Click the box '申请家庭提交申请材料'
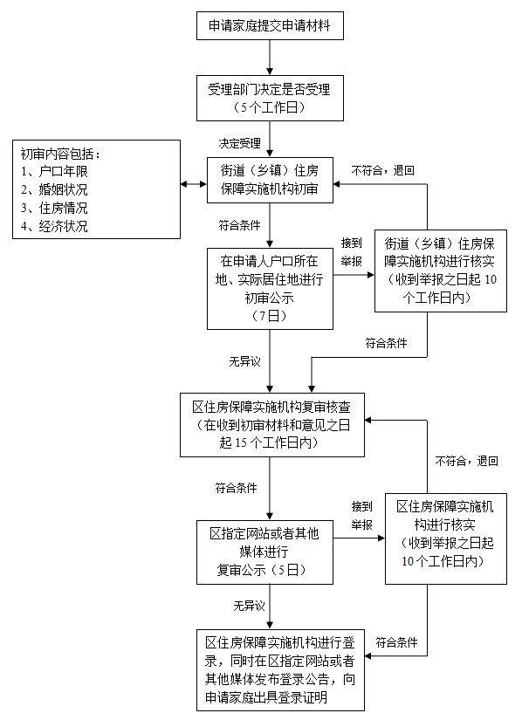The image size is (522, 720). pos(271,26)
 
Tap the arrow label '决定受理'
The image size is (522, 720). pos(240,142)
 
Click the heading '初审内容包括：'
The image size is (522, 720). pos(61,154)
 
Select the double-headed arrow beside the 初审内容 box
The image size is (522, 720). pos(193,184)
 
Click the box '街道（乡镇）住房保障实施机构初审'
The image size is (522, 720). pos(270,181)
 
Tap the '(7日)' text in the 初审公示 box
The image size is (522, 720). pos(270,315)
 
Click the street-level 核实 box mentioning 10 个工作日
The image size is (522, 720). pos(427,270)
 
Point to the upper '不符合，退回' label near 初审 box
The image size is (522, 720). pos(383,170)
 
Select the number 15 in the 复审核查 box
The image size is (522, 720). pos(241,442)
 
